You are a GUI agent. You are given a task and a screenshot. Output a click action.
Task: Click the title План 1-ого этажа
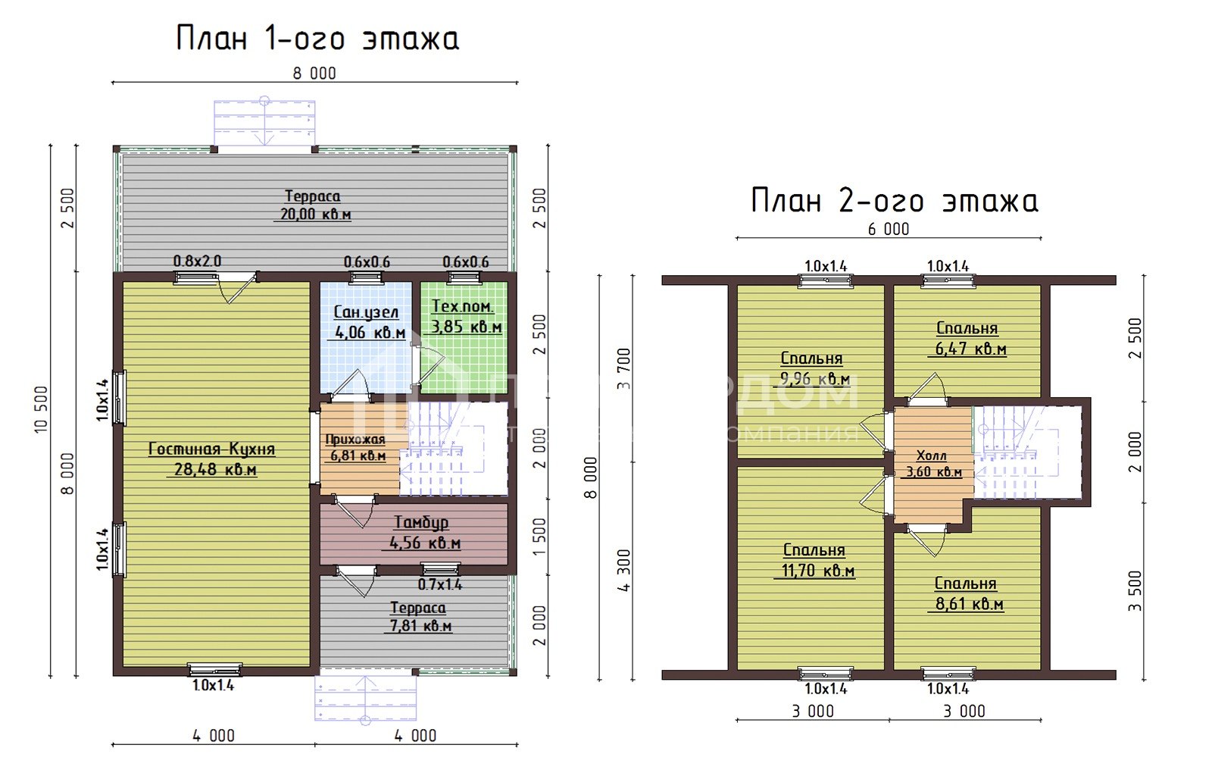(317, 39)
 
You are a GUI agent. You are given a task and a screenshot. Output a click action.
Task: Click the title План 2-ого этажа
(894, 201)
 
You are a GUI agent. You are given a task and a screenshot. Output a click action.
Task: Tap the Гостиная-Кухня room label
(211, 449)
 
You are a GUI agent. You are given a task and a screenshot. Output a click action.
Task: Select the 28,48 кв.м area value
(215, 470)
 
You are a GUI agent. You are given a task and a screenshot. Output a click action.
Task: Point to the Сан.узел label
(366, 312)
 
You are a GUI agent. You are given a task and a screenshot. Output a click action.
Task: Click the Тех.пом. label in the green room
(462, 307)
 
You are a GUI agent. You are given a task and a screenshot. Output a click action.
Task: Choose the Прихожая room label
(355, 440)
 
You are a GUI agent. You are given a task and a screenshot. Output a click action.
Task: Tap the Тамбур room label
(421, 522)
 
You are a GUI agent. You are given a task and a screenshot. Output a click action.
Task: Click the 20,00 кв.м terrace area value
(315, 214)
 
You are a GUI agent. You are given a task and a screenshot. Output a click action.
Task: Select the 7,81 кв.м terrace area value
(420, 626)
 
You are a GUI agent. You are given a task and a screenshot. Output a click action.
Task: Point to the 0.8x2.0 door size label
(197, 261)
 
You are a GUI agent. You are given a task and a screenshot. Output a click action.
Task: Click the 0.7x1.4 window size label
(440, 584)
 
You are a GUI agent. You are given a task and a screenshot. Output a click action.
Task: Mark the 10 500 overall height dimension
(42, 410)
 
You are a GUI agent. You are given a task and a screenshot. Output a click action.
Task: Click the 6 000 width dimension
(889, 229)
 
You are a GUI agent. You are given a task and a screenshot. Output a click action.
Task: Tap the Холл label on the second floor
(931, 455)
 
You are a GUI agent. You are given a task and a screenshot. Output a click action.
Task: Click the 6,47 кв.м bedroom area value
(970, 349)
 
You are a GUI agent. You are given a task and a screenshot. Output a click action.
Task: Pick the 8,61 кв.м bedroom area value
(968, 604)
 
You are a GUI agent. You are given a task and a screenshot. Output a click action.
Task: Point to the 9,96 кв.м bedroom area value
(814, 379)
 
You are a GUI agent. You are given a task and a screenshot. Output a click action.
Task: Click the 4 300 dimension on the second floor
(623, 571)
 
